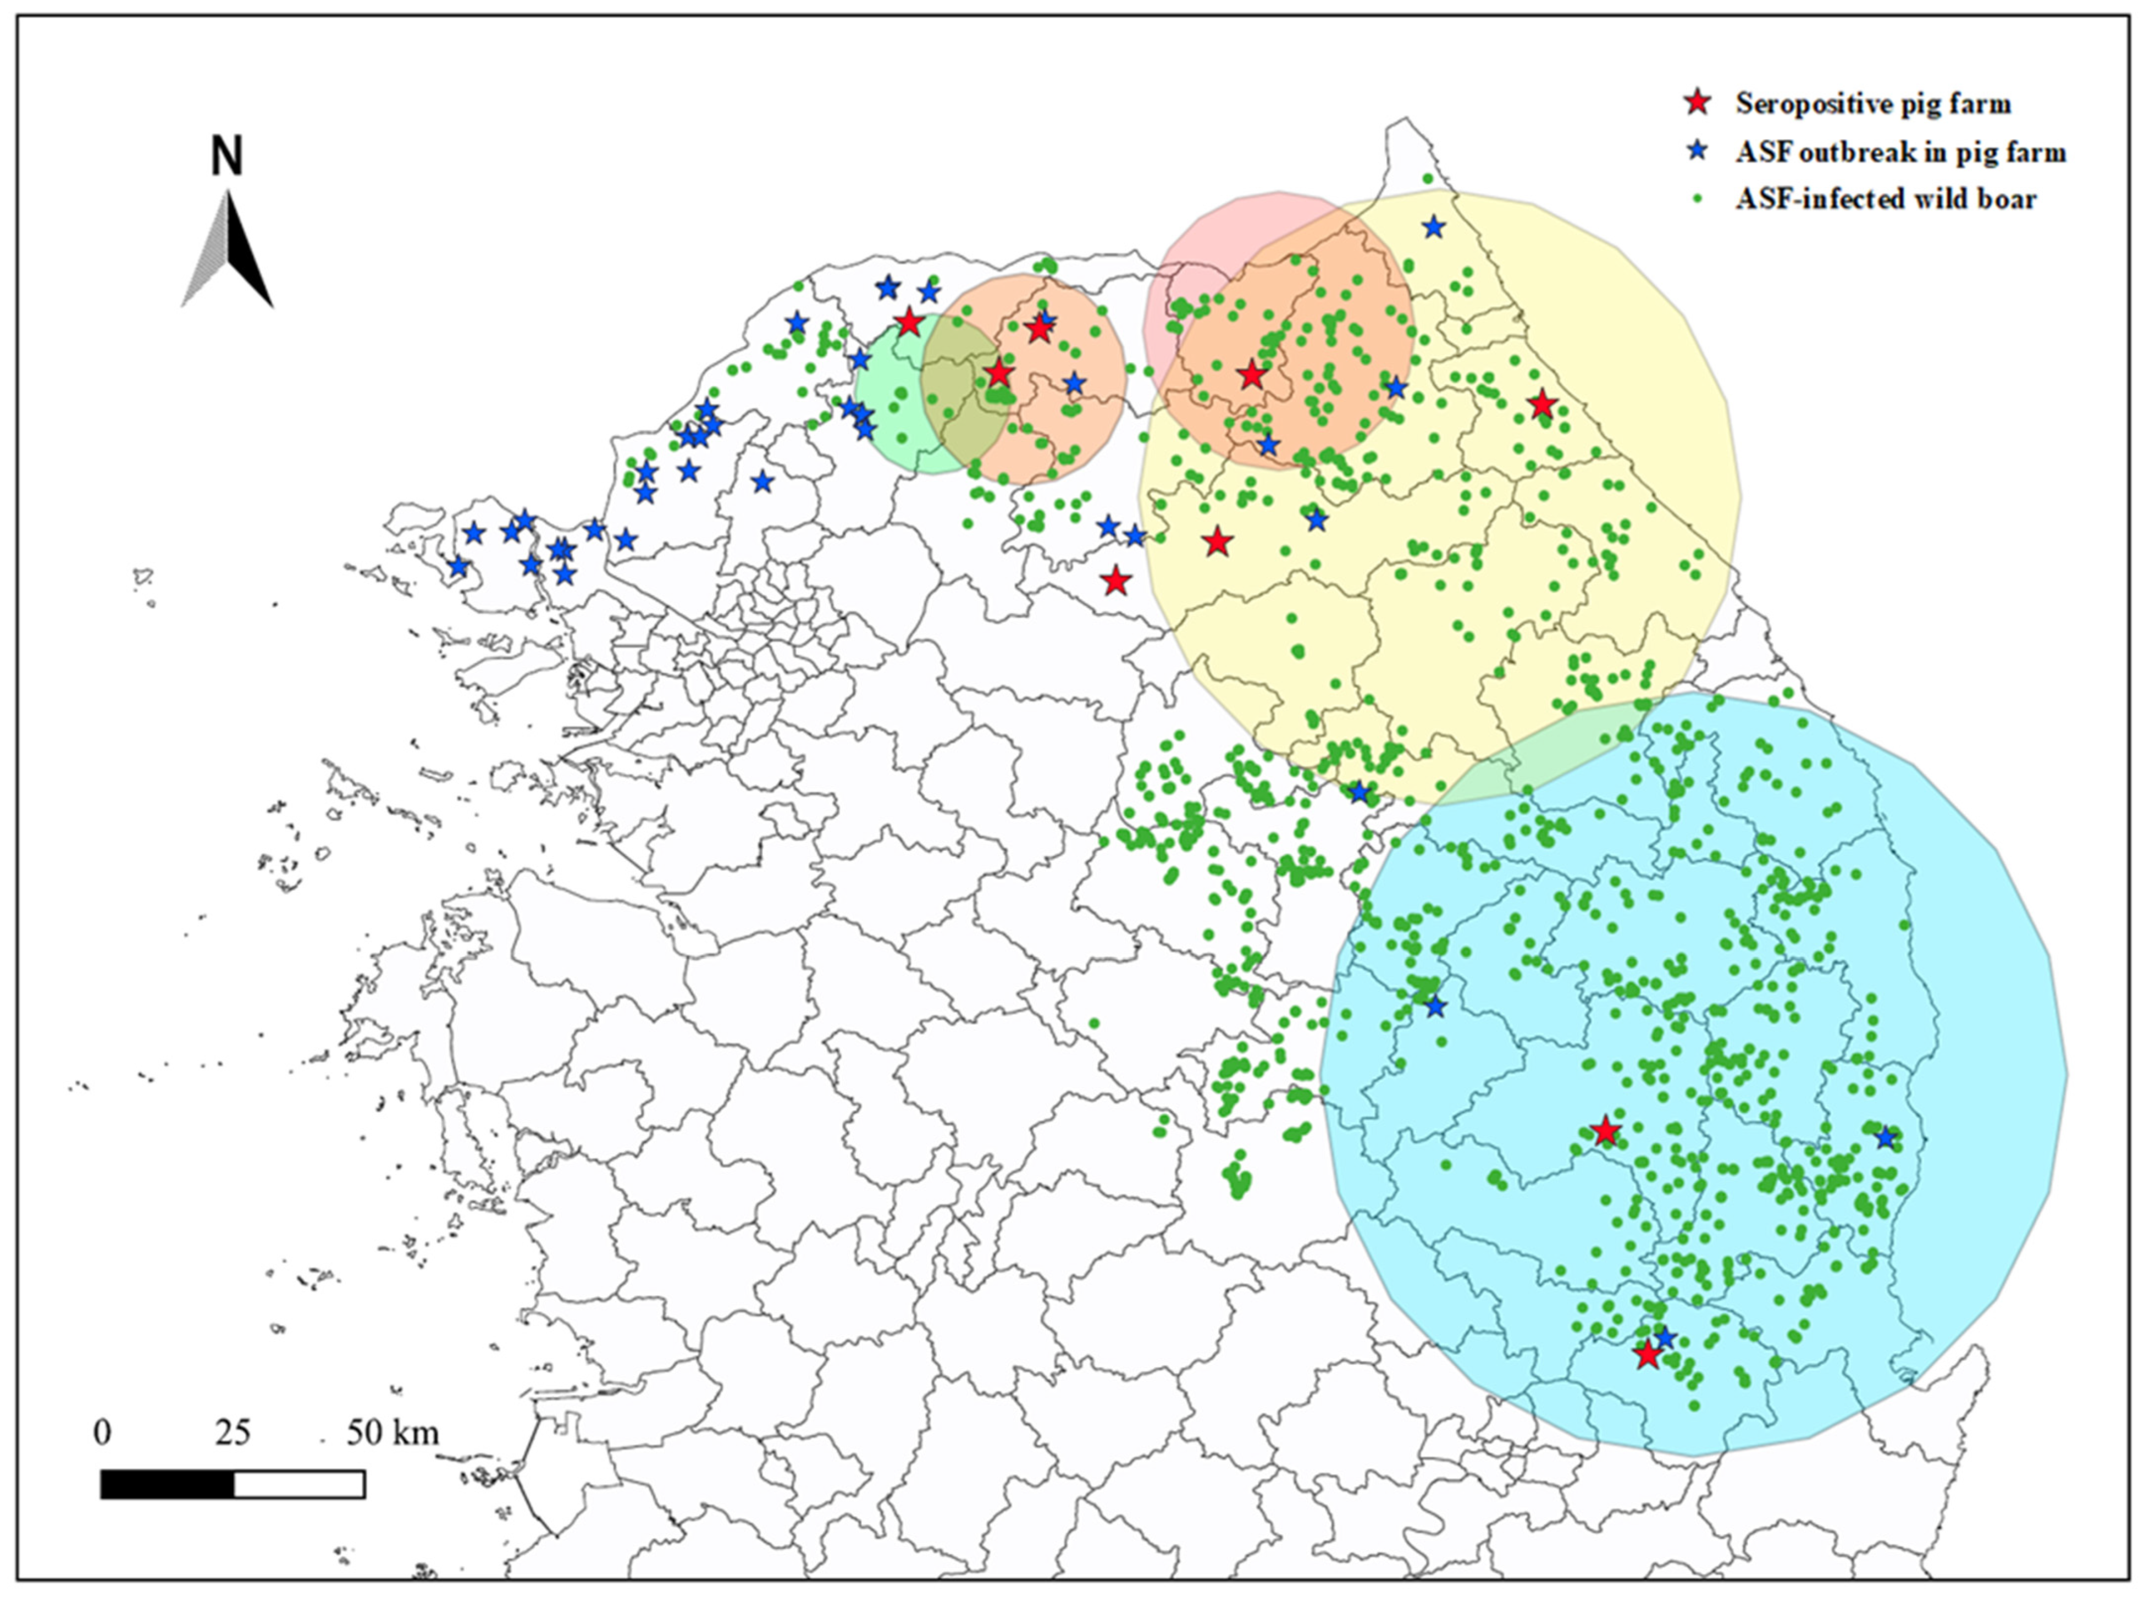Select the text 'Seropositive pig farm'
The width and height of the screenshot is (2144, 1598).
1872,103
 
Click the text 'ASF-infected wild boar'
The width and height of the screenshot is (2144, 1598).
1885,199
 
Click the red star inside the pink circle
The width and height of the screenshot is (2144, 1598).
1252,374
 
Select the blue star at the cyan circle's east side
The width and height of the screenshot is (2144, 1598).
1885,1137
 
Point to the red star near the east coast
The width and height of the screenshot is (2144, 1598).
1542,405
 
